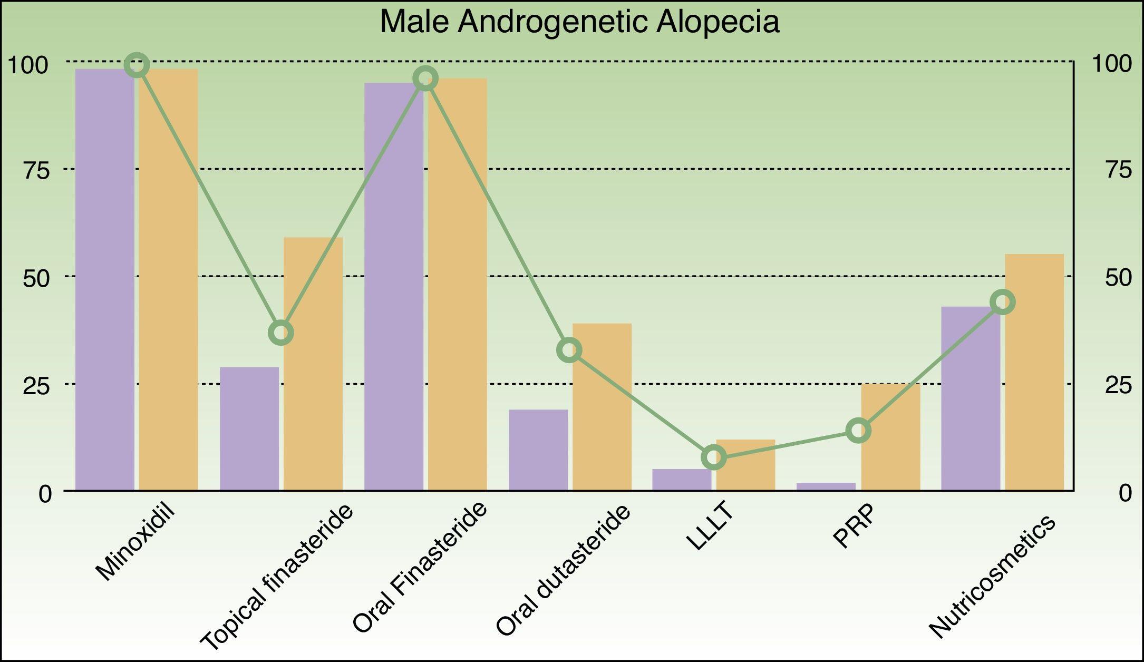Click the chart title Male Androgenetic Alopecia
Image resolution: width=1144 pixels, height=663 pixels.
point(579,22)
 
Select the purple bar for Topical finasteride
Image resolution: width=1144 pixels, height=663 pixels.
point(249,429)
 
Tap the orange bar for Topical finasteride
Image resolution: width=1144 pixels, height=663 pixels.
point(313,364)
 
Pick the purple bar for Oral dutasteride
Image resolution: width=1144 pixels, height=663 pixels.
point(538,450)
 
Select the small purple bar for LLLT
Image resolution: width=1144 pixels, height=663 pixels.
point(682,480)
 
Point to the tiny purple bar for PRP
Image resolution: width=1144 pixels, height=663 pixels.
point(826,486)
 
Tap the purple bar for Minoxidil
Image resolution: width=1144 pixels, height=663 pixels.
point(104,279)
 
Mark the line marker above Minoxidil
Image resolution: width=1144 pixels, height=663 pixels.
point(137,65)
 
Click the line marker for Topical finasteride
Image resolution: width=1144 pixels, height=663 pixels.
point(281,333)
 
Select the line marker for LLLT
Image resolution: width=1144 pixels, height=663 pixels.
point(714,457)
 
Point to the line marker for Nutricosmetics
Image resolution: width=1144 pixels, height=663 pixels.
point(1002,302)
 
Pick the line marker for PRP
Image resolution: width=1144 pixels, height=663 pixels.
point(858,431)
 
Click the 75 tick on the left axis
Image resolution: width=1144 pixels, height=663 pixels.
point(36,170)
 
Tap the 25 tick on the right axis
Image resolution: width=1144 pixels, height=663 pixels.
point(1118,385)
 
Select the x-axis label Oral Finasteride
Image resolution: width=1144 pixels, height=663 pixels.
point(419,568)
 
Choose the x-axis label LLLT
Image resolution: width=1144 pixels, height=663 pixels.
point(710,527)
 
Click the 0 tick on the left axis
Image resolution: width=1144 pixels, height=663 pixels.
point(45,494)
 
